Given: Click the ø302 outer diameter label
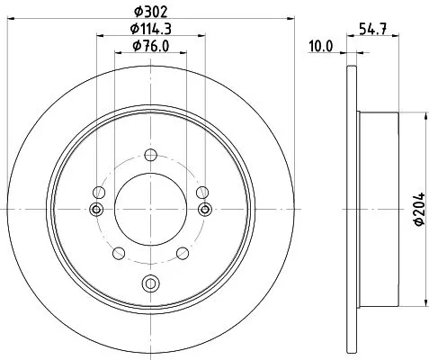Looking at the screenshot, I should [x=149, y=12].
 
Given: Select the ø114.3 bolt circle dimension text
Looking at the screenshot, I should [x=150, y=30].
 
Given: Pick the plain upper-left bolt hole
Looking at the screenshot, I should [x=98, y=192].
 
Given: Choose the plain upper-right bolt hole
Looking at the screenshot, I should [x=202, y=192].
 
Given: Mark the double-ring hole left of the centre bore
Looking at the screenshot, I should [x=95, y=210].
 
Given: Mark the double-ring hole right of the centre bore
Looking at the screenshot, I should [x=205, y=210].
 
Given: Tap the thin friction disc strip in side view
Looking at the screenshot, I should [x=350, y=209].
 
